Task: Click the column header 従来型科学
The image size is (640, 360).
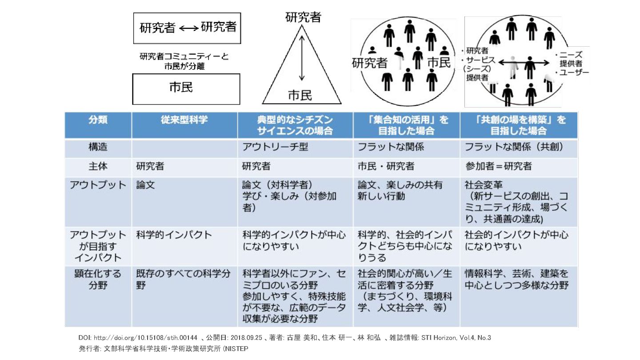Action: coord(184,120)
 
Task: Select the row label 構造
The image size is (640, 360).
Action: coord(97,146)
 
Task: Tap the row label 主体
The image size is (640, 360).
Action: coord(97,167)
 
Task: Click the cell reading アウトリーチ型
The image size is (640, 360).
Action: coord(275,146)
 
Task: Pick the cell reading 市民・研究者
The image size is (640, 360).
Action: coord(386,167)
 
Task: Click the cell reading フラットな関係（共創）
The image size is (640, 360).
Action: coord(514,146)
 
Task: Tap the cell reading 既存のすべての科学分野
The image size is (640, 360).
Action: coord(183,279)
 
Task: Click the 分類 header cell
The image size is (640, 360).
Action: coord(97,120)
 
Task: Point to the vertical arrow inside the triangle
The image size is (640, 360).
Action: coord(302,58)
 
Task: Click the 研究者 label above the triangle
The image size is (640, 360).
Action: coord(303,18)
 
